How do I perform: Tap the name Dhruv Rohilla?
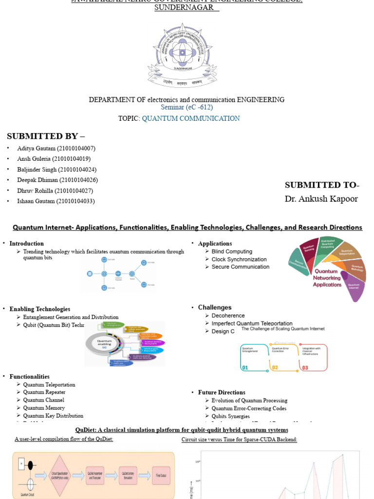pyautogui.click(x=35, y=191)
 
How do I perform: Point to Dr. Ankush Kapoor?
pyautogui.click(x=321, y=199)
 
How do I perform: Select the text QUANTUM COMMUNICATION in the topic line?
pyautogui.click(x=191, y=118)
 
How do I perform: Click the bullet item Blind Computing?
pyautogui.click(x=232, y=251)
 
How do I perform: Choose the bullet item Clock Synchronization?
pyautogui.click(x=239, y=259)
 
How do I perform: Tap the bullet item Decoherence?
pyautogui.click(x=228, y=316)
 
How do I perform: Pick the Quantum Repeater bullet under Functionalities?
pyautogui.click(x=44, y=392)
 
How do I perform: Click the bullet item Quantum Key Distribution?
pyautogui.click(x=53, y=416)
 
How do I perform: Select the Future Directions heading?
pyautogui.click(x=222, y=392)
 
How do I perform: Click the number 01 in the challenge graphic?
pyautogui.click(x=245, y=367)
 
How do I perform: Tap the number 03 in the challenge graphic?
pyautogui.click(x=305, y=367)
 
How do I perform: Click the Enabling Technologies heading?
pyautogui.click(x=40, y=309)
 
